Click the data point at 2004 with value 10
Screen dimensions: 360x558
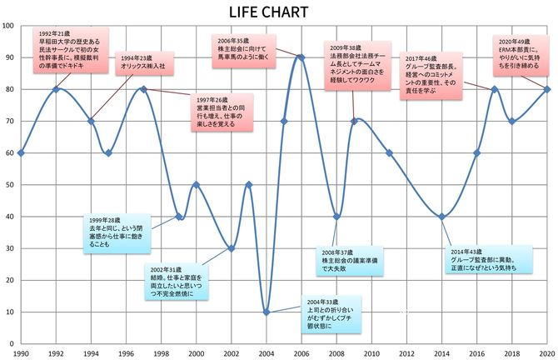[267, 312]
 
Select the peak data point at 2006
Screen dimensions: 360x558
[301, 57]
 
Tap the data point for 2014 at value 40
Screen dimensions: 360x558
[441, 217]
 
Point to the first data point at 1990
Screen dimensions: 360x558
[21, 153]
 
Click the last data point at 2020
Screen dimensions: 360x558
[546, 89]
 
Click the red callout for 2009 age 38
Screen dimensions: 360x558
[356, 62]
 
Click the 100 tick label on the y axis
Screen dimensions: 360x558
[7, 26]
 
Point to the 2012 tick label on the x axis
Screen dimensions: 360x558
[406, 353]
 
